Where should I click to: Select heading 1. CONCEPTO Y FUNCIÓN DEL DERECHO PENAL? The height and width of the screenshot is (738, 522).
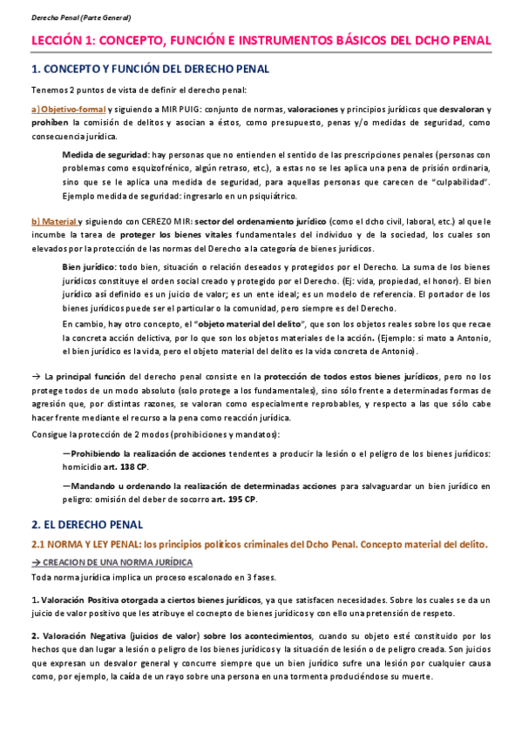(x=150, y=69)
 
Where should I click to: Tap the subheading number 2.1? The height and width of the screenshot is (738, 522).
(x=40, y=544)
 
